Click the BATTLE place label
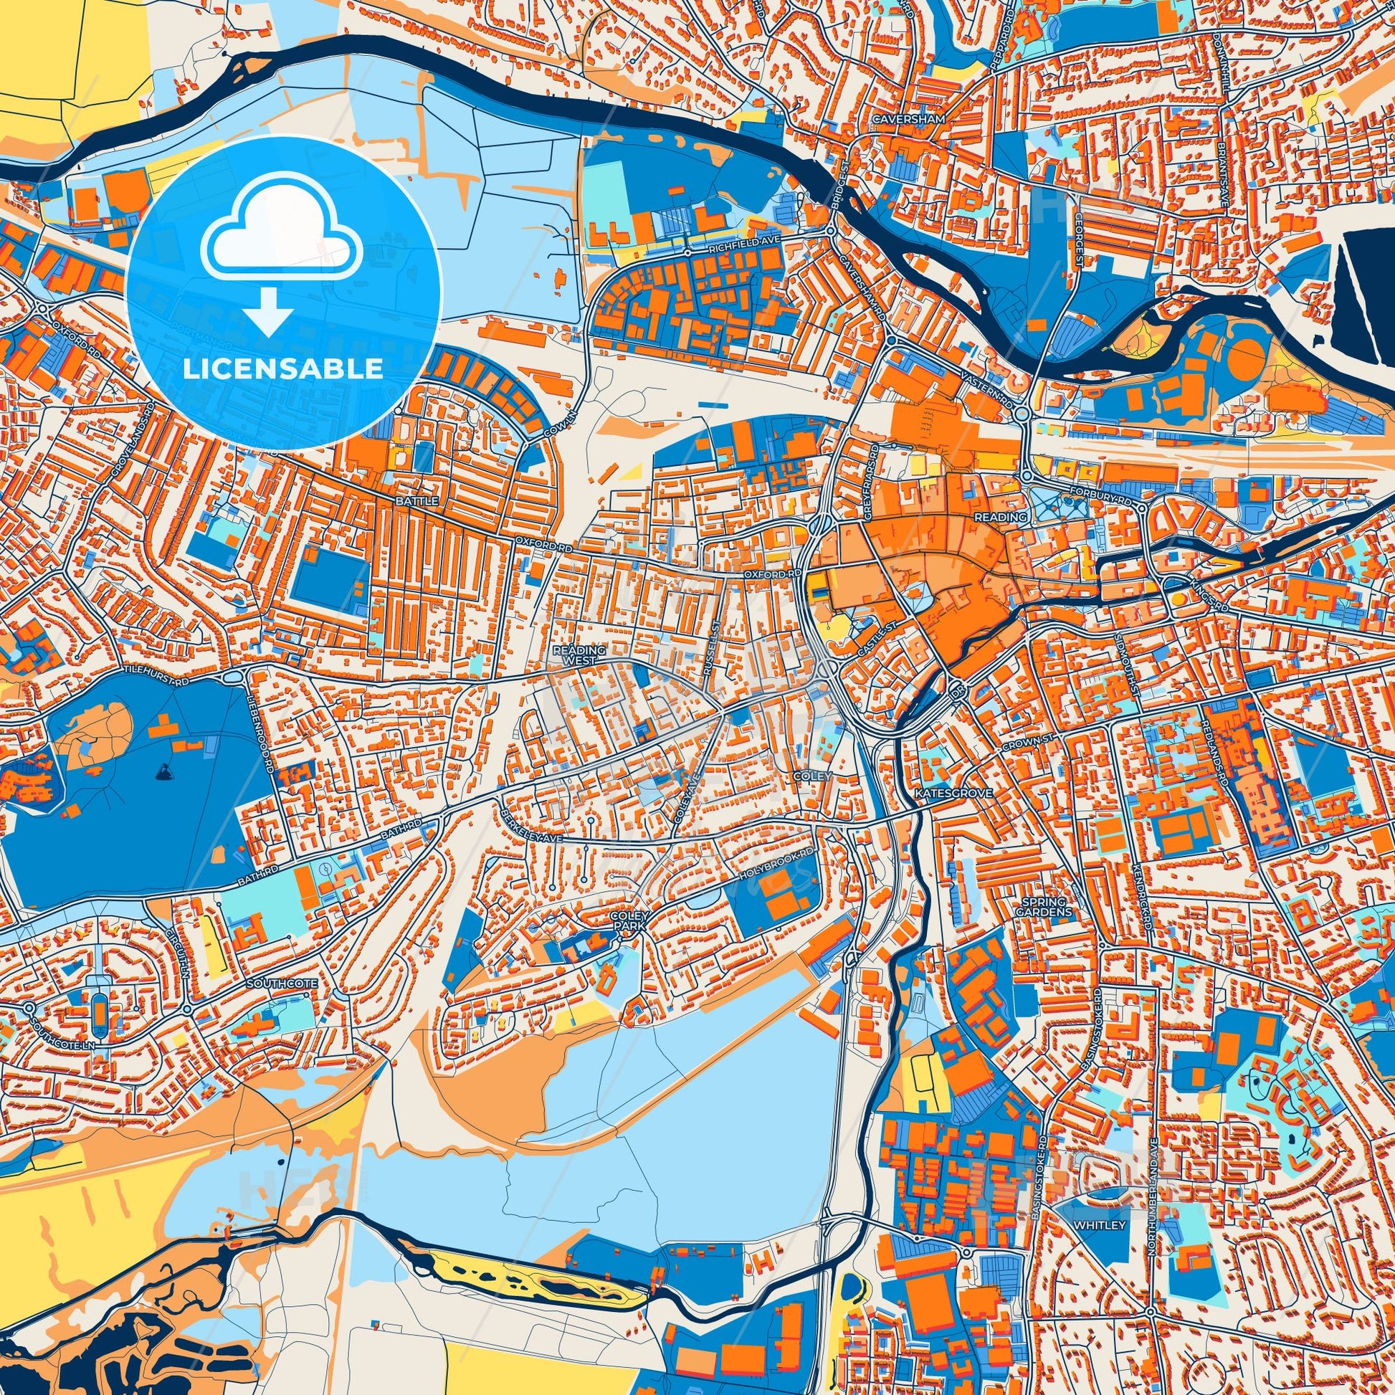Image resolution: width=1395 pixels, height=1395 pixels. (414, 500)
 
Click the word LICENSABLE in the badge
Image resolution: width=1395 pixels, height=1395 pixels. (283, 369)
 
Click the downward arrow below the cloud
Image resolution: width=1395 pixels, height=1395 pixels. (268, 312)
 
